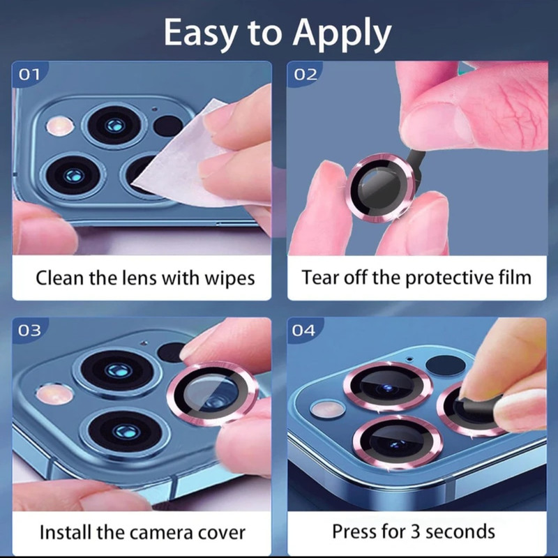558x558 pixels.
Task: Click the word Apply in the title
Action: pos(342,34)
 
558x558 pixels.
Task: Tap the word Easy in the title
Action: pos(200,33)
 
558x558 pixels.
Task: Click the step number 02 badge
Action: pos(305,75)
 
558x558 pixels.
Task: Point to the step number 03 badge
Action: pos(29,331)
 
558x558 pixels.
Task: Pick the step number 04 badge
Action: pos(303,331)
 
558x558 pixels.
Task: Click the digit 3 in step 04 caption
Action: pos(415,532)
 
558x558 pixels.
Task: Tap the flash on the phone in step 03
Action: pos(54,394)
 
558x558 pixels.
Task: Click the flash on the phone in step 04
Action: pos(327,409)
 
